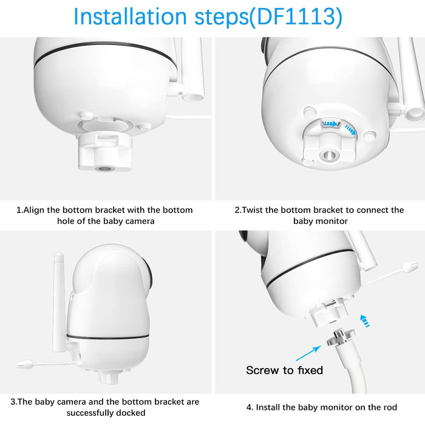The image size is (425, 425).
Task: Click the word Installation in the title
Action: coord(130,17)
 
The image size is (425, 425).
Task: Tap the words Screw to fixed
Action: coord(284,370)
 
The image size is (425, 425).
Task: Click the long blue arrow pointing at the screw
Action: coord(308,353)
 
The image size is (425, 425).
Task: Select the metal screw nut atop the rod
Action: coord(341,337)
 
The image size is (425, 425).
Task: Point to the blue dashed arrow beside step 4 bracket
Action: coord(364,321)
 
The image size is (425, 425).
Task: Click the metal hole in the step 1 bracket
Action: coord(104,169)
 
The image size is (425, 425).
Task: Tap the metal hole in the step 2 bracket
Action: coord(329,155)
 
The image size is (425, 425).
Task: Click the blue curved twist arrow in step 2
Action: coord(350,129)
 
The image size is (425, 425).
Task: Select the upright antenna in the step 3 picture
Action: coord(59,301)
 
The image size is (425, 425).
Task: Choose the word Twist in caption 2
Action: coord(253,210)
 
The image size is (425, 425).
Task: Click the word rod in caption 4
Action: coord(390,407)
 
